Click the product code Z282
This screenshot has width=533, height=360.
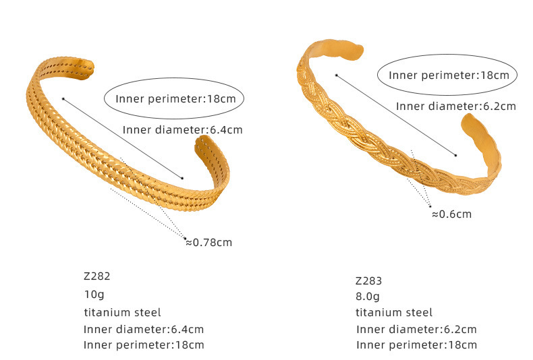[x=96, y=276]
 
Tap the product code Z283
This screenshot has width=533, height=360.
[x=368, y=280]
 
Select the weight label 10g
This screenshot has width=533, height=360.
[x=94, y=294]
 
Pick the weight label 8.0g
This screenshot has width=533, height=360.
[x=368, y=296]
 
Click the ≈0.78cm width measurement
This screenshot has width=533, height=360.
[x=208, y=242]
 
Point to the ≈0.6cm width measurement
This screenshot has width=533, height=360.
[x=451, y=214]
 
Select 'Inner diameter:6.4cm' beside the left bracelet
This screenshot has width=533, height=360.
[x=182, y=130]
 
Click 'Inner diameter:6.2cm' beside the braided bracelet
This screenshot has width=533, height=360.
[x=455, y=106]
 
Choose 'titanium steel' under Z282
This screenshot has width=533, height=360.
[x=122, y=312]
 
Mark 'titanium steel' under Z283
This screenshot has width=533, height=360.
[x=394, y=312]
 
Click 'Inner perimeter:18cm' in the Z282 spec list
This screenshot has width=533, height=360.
[x=144, y=345]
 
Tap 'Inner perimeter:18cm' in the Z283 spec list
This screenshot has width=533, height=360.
[x=416, y=345]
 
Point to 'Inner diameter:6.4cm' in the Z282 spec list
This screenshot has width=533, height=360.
[x=144, y=329]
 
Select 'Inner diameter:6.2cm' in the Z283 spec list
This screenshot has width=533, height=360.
[x=416, y=329]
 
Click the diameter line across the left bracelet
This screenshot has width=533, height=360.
[x=123, y=139]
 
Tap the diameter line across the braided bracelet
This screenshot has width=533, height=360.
[x=396, y=115]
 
